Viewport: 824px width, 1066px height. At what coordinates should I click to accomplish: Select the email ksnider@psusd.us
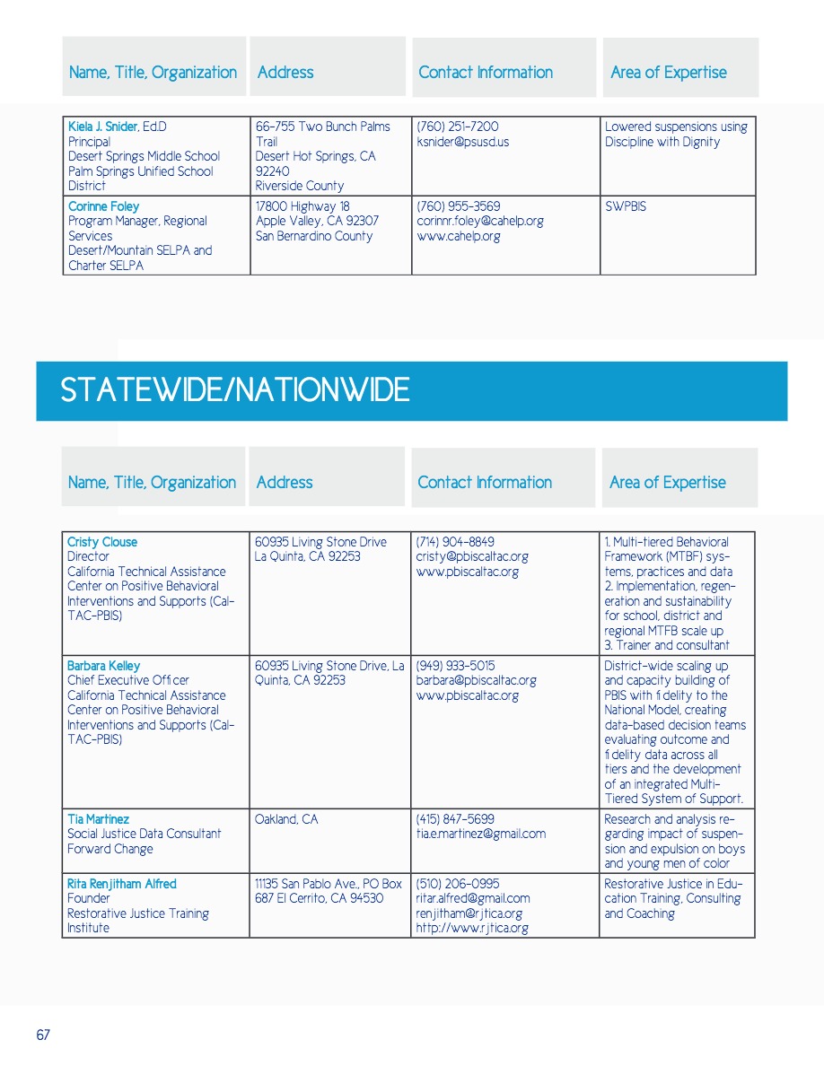pyautogui.click(x=463, y=142)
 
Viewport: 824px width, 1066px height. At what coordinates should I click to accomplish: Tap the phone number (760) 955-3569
pyautogui.click(x=459, y=206)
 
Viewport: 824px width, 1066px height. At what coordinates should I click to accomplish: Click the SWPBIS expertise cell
pyautogui.click(x=626, y=206)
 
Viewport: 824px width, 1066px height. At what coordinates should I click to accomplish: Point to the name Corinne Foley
pyautogui.click(x=103, y=206)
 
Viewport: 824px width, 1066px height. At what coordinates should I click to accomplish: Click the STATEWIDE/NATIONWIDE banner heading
pyautogui.click(x=234, y=390)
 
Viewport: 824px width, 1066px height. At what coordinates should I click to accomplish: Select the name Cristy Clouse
pyautogui.click(x=102, y=542)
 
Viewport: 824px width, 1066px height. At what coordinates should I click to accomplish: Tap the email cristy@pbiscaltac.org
pyautogui.click(x=472, y=556)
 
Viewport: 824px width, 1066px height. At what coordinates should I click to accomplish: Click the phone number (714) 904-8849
pyautogui.click(x=455, y=542)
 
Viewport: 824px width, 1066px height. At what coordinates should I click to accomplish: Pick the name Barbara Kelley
pyautogui.click(x=104, y=666)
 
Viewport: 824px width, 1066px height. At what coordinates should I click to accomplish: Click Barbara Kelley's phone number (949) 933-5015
pyautogui.click(x=455, y=666)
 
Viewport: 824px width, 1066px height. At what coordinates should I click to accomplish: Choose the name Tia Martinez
pyautogui.click(x=98, y=819)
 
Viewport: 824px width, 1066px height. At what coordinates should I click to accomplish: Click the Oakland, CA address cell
pyautogui.click(x=286, y=819)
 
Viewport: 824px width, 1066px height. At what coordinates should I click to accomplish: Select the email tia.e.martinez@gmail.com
pyautogui.click(x=481, y=834)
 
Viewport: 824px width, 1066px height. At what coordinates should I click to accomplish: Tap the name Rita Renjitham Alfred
pyautogui.click(x=122, y=884)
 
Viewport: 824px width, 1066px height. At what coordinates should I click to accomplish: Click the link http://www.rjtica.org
pyautogui.click(x=472, y=928)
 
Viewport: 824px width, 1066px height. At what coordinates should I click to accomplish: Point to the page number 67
pyautogui.click(x=43, y=1035)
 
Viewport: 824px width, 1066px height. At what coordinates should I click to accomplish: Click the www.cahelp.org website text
pyautogui.click(x=459, y=236)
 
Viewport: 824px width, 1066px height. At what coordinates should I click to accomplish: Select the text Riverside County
pyautogui.click(x=300, y=186)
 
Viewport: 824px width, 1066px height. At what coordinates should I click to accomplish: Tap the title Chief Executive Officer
pyautogui.click(x=128, y=680)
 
